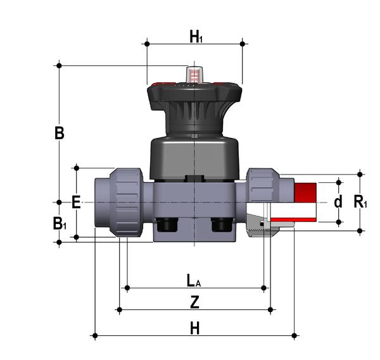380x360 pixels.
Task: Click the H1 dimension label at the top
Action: (196, 37)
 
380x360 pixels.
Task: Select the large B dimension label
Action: (59, 134)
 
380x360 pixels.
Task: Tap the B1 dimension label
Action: (60, 223)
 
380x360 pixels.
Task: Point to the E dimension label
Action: (76, 203)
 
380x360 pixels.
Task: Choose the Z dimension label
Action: (195, 302)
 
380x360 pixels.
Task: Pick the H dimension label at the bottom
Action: (195, 328)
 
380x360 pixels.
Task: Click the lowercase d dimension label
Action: (338, 202)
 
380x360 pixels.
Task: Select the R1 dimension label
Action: (360, 202)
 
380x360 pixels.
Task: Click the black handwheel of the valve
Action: (194, 95)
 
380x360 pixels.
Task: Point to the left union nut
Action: (127, 201)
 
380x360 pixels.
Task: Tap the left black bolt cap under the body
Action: (167, 224)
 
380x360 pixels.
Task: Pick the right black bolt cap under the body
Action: (220, 224)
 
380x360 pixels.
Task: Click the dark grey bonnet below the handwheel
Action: (194, 156)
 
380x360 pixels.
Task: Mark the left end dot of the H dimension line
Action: (95, 335)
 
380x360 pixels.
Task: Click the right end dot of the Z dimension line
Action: (270, 310)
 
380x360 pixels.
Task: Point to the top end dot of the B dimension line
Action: (59, 65)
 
